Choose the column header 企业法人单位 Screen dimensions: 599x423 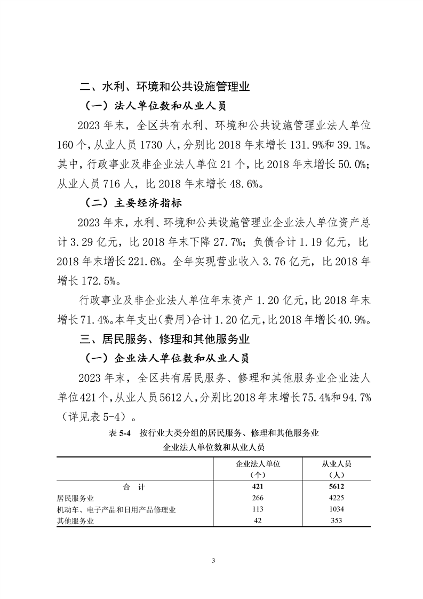258,463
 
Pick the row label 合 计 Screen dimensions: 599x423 133,487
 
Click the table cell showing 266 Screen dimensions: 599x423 258,498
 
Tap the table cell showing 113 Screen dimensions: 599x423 258,509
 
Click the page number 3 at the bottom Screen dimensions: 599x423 213,561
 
